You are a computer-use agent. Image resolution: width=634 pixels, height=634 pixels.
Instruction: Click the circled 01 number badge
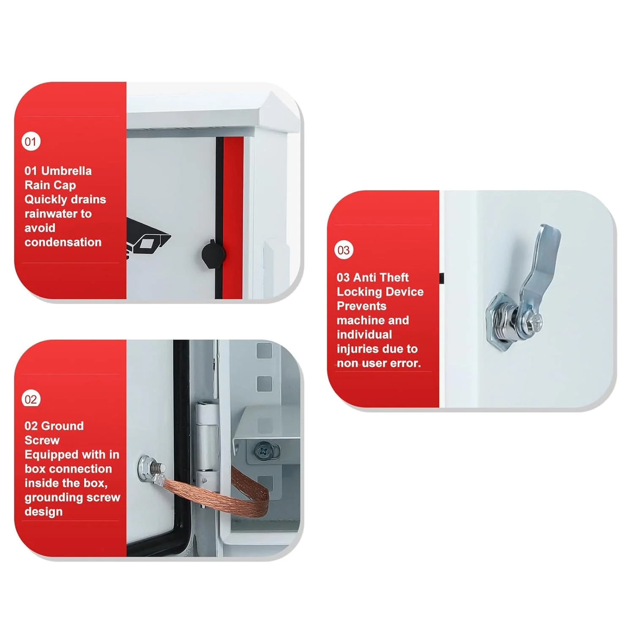pos(31,142)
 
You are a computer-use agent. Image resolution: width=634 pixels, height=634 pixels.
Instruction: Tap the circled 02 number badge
pos(31,399)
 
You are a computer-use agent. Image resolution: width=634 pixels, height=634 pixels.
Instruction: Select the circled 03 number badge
pos(344,250)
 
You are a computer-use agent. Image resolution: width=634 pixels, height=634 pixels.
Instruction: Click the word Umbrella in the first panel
pos(66,171)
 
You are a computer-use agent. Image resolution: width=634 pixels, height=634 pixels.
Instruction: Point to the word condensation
pos(63,242)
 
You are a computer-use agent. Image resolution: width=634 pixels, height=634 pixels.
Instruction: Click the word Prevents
pos(361,306)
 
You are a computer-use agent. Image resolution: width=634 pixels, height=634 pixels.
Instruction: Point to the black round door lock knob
pos(213,254)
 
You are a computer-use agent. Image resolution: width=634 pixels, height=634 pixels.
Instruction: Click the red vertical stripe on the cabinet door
pos(233,218)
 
